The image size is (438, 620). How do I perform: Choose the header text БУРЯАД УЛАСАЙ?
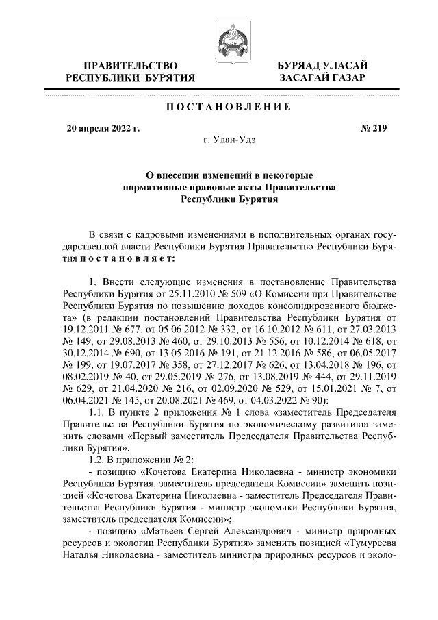point(321,65)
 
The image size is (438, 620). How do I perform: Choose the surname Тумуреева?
point(368,542)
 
